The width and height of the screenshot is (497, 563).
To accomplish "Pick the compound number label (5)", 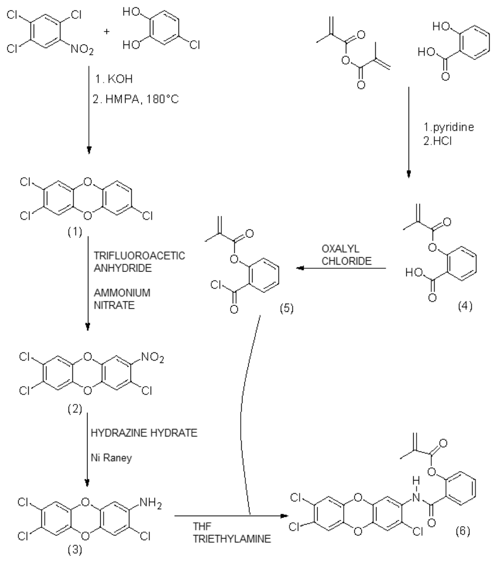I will click(x=287, y=308).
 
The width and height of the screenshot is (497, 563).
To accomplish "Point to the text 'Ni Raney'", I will click(x=111, y=458).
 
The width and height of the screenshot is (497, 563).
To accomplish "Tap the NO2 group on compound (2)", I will click(x=153, y=359).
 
